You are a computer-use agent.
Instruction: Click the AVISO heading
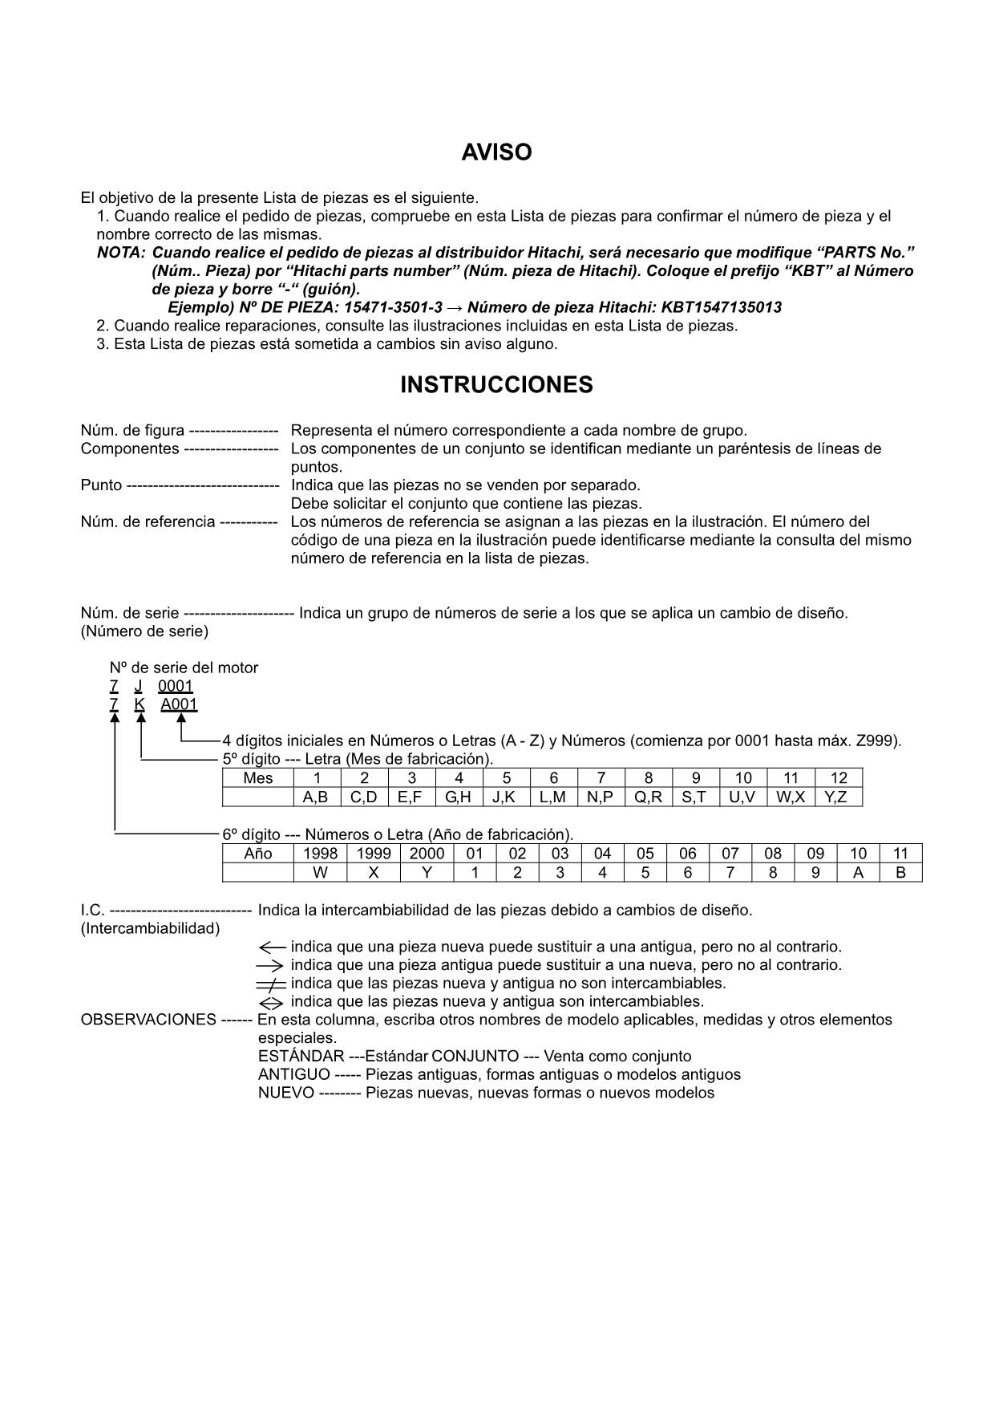(496, 152)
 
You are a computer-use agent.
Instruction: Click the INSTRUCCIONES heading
(496, 385)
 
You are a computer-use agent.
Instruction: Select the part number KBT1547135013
(722, 307)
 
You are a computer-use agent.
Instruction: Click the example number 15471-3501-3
(393, 307)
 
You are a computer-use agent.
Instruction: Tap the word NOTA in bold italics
(120, 252)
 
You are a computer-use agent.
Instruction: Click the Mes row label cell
(257, 777)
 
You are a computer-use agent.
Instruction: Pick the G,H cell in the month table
(458, 797)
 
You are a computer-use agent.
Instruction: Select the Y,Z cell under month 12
(836, 797)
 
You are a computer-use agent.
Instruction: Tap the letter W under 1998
(320, 873)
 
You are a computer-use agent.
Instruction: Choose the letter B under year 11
(900, 873)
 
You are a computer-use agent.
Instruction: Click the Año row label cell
(257, 854)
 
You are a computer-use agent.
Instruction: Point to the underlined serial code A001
(179, 704)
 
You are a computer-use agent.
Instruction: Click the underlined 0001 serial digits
(175, 686)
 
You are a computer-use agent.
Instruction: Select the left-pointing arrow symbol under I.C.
(272, 947)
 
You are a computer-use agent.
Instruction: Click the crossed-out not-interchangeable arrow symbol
(271, 984)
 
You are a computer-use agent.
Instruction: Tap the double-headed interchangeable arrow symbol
(271, 1003)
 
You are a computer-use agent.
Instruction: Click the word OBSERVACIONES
(148, 1020)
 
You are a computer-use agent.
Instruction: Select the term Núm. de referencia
(148, 522)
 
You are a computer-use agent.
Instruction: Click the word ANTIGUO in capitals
(293, 1074)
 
